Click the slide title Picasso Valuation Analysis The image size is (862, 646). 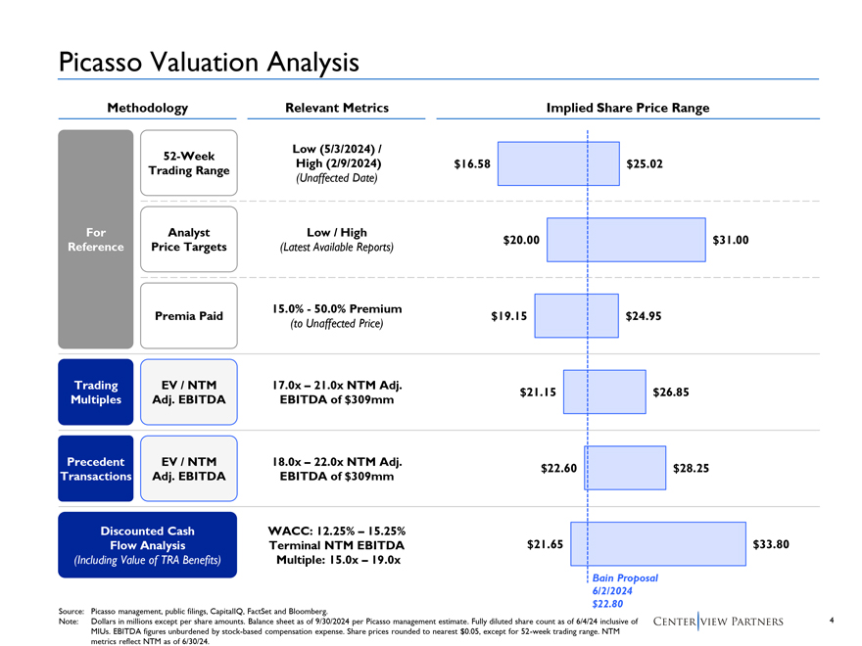(209, 62)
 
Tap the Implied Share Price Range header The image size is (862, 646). (635, 108)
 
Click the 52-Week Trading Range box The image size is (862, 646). (189, 163)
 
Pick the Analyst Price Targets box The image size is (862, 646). (189, 240)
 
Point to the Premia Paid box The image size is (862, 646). (189, 315)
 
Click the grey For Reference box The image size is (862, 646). (96, 240)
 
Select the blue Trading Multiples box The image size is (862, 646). (95, 392)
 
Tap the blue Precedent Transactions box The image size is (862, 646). (95, 469)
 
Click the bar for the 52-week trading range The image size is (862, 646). (559, 163)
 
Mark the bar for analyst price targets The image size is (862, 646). (626, 240)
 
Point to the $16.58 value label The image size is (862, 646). (471, 163)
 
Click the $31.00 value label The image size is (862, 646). (731, 240)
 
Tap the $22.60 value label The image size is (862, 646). (558, 469)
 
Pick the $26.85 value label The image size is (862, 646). (671, 392)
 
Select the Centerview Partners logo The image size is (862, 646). (717, 622)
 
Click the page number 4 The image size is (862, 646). (831, 620)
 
